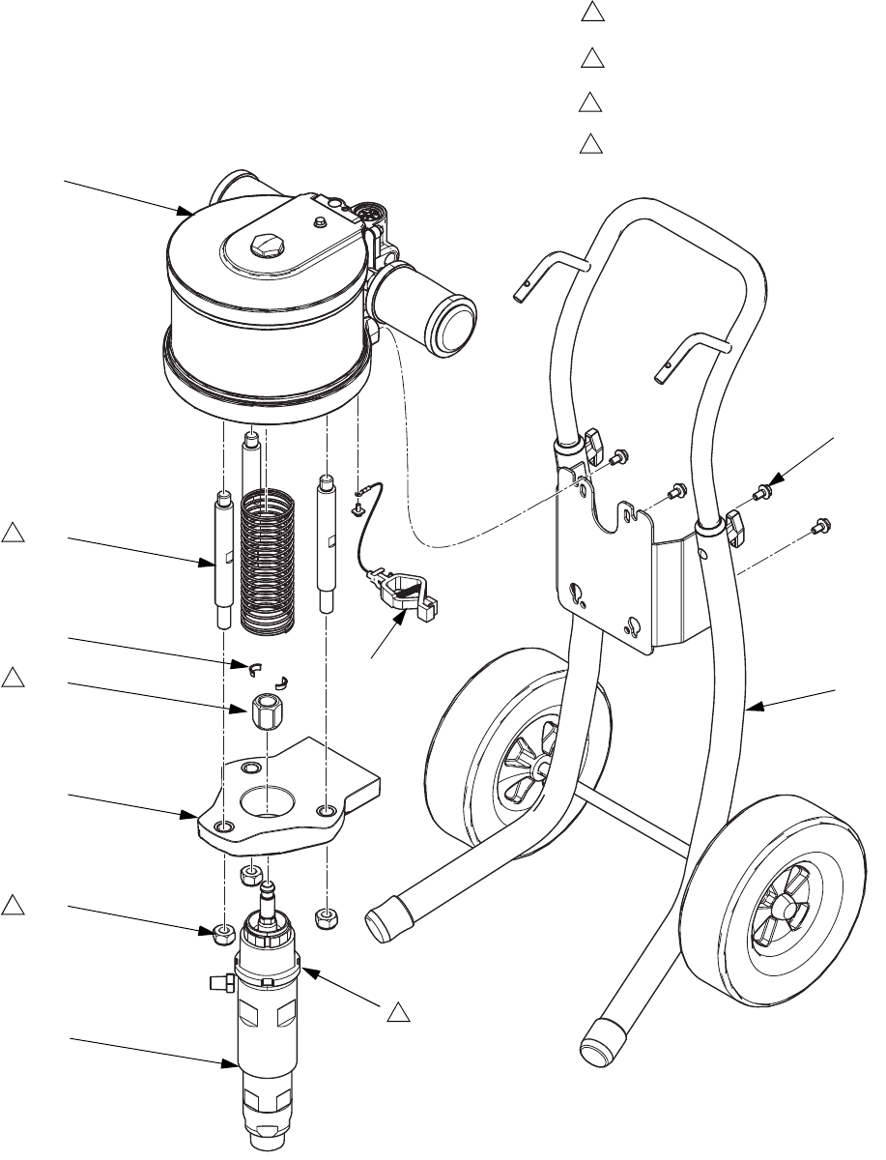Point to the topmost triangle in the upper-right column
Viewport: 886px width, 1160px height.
(591, 14)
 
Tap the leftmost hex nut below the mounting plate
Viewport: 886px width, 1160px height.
(223, 933)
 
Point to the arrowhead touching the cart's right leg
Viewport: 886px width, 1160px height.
(753, 711)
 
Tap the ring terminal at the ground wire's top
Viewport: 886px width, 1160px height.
(358, 499)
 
